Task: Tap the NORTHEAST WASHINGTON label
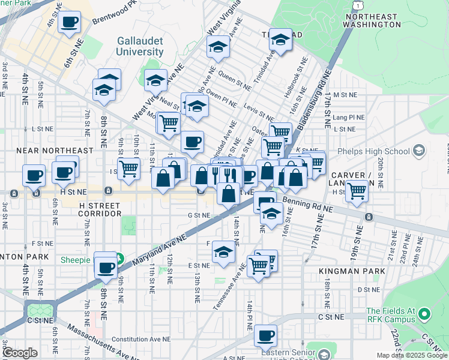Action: point(372,20)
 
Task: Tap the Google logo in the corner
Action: point(19,353)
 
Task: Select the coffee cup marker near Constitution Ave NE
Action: point(265,336)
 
